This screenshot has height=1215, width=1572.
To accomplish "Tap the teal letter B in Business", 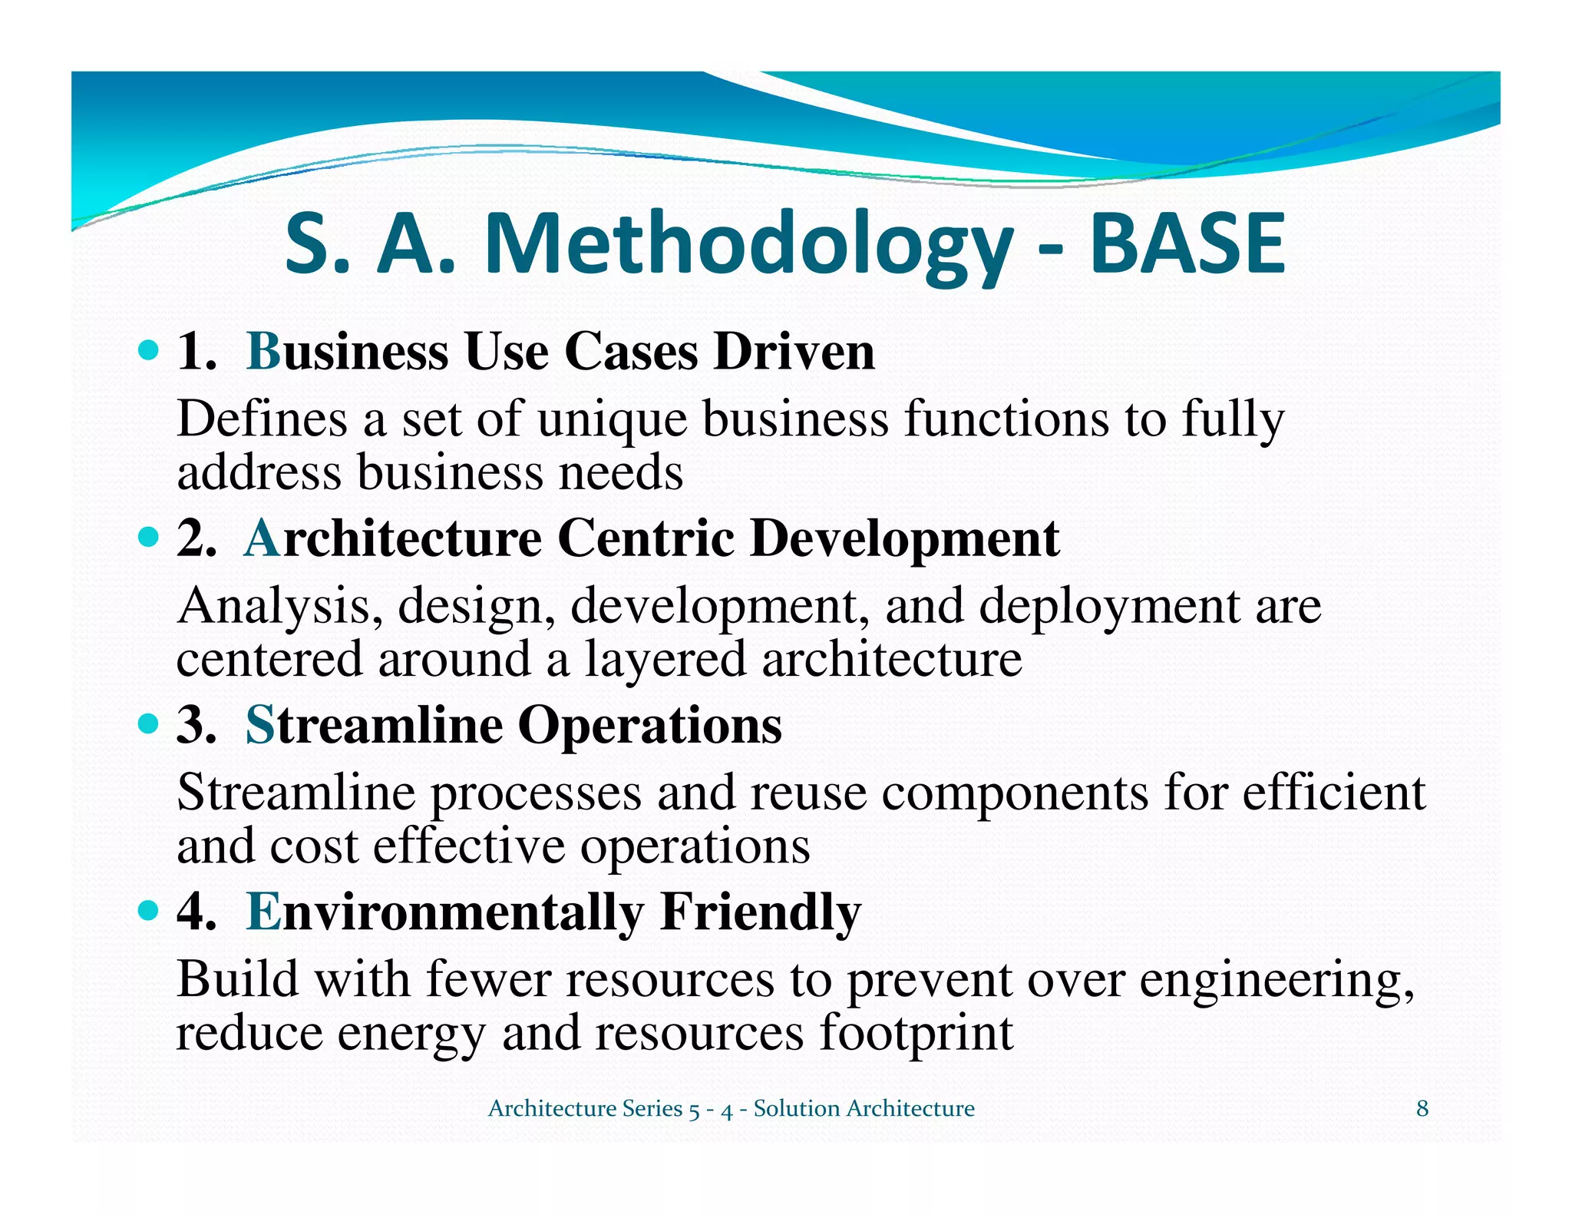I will click(x=263, y=353).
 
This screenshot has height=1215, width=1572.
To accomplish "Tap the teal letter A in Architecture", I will click(x=262, y=538).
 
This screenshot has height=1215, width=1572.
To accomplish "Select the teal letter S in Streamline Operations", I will click(x=259, y=725).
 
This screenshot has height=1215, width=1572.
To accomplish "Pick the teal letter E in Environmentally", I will click(x=263, y=912).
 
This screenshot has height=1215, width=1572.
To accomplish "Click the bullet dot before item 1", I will click(x=148, y=352).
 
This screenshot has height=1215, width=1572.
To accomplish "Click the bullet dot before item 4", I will click(x=148, y=912).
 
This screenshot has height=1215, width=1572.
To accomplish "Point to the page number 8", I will click(x=1422, y=1108).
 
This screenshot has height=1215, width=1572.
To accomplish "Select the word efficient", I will click(x=1333, y=793).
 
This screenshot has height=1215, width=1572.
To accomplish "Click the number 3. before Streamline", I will click(x=196, y=725).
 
